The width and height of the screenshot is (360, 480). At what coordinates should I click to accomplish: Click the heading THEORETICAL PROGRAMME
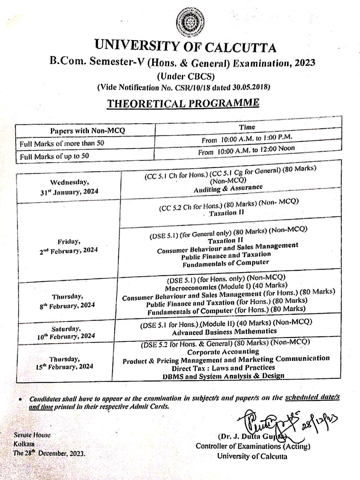point(183,103)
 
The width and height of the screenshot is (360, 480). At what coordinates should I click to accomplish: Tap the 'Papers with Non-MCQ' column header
point(87,130)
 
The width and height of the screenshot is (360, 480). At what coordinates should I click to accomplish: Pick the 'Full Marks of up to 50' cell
point(54,156)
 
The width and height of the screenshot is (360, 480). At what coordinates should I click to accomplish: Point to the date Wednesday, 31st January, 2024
point(70,187)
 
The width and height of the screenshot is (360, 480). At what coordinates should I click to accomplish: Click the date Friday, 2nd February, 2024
point(68,246)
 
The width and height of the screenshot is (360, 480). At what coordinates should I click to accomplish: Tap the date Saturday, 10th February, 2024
point(66,333)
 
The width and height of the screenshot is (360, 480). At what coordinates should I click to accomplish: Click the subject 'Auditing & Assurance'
point(228,188)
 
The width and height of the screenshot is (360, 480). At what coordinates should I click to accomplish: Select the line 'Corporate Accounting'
point(223,352)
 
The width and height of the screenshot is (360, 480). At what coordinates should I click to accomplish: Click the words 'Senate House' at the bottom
point(32,435)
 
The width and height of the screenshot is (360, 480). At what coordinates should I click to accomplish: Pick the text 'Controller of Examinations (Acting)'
point(253,446)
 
